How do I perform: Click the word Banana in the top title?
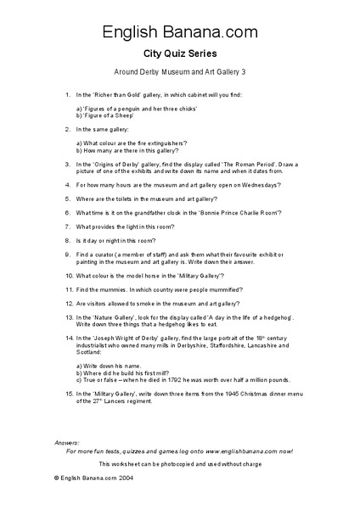(179, 33)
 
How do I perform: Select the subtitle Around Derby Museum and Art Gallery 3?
(179, 73)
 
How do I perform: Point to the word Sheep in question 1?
(118, 116)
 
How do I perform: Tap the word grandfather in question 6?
(155, 213)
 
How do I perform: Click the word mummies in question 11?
(112, 289)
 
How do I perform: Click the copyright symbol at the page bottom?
(56, 478)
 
